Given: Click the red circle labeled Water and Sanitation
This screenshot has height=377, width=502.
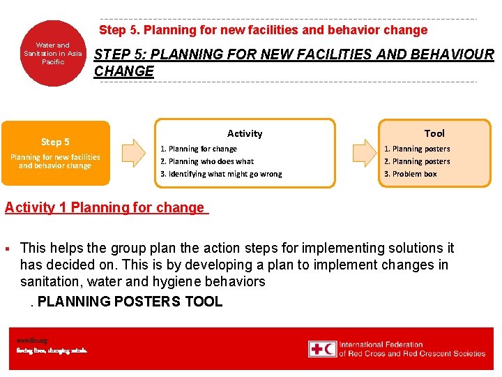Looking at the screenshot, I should point(52,53).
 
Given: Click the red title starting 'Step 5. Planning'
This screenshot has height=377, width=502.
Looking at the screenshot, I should point(263,30).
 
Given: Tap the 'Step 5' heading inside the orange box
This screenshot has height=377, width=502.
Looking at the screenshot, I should point(55,142).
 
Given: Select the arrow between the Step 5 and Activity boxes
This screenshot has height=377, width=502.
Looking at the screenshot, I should point(132,153).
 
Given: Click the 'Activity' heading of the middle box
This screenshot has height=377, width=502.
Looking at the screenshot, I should point(245,133).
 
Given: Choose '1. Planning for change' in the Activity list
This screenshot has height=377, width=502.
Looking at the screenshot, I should point(199,149).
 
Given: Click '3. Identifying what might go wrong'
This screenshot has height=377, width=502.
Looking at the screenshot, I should point(221,174).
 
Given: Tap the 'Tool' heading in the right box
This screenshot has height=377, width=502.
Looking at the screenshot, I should point(434,133).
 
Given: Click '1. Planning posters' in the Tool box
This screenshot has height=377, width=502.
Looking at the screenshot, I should point(417,149).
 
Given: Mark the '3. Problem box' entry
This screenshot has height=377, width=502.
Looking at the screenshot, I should point(411,174).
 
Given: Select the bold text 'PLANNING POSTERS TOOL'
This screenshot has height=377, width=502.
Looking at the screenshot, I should point(130,302).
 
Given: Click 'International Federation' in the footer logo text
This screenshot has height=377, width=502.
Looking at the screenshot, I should point(381,344).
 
